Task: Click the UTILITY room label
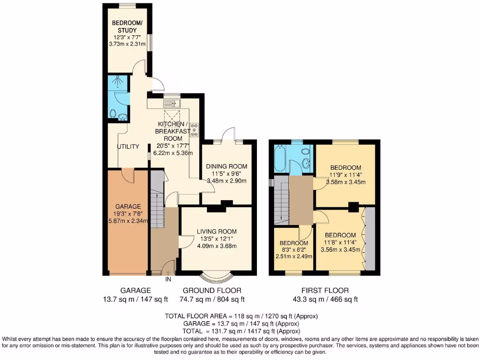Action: click(x=128, y=147)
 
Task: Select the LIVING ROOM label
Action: click(x=217, y=231)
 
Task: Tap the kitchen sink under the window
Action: click(x=172, y=103)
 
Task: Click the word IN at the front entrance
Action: click(x=168, y=280)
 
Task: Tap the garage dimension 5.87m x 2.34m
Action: click(x=128, y=221)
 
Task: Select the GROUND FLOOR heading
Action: click(x=212, y=291)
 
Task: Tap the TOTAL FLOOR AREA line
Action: click(x=241, y=316)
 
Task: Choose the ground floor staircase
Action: click(x=158, y=202)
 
